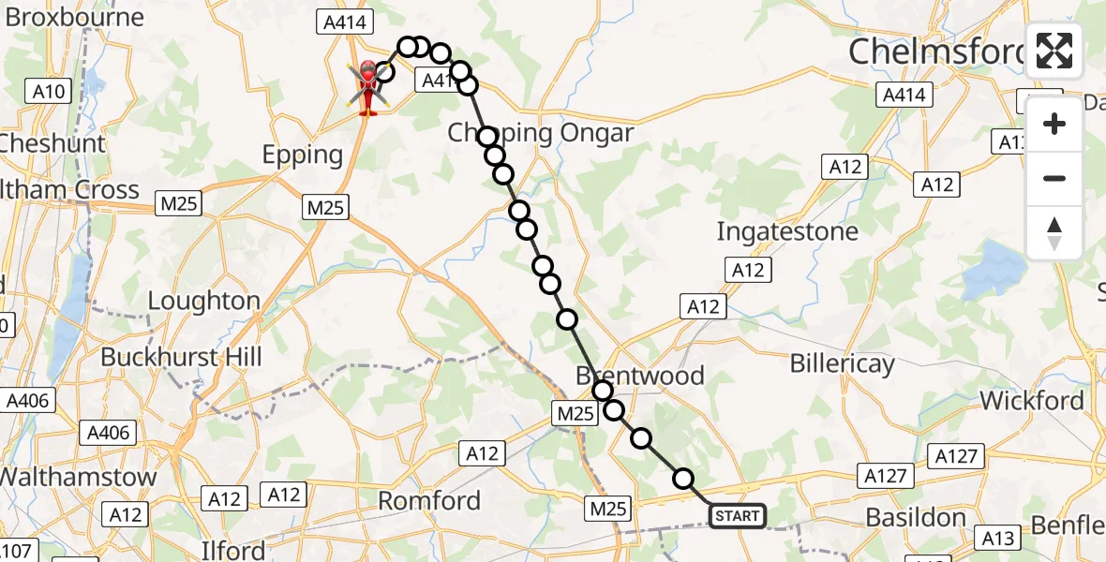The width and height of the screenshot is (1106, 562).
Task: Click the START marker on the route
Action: click(738, 516)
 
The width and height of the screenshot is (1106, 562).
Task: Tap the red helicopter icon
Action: click(366, 85)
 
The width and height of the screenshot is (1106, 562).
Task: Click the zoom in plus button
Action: click(1054, 124)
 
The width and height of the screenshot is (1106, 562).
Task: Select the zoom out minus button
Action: click(1054, 178)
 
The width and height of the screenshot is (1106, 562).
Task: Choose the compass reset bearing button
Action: click(1054, 232)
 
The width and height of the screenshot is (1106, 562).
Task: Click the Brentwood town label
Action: click(640, 376)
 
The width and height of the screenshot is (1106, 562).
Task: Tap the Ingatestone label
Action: click(787, 231)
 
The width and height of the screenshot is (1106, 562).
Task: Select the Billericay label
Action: click(842, 363)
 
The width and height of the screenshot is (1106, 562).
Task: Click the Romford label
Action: click(429, 501)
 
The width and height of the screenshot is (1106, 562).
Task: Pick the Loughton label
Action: click(204, 301)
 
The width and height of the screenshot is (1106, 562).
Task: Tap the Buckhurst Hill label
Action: click(181, 357)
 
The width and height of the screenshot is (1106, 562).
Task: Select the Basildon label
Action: click(916, 517)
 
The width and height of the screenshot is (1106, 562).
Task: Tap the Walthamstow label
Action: click(79, 476)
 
